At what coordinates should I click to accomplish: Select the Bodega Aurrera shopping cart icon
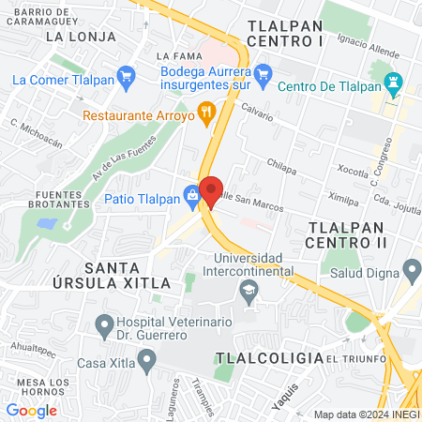pyautogui.click(x=264, y=72)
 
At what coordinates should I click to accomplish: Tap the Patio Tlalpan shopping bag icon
pyautogui.click(x=192, y=197)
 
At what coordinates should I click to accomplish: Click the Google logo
pyautogui.click(x=31, y=411)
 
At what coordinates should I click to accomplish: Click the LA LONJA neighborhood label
pyautogui.click(x=81, y=37)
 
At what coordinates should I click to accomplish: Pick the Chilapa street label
pyautogui.click(x=281, y=163)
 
